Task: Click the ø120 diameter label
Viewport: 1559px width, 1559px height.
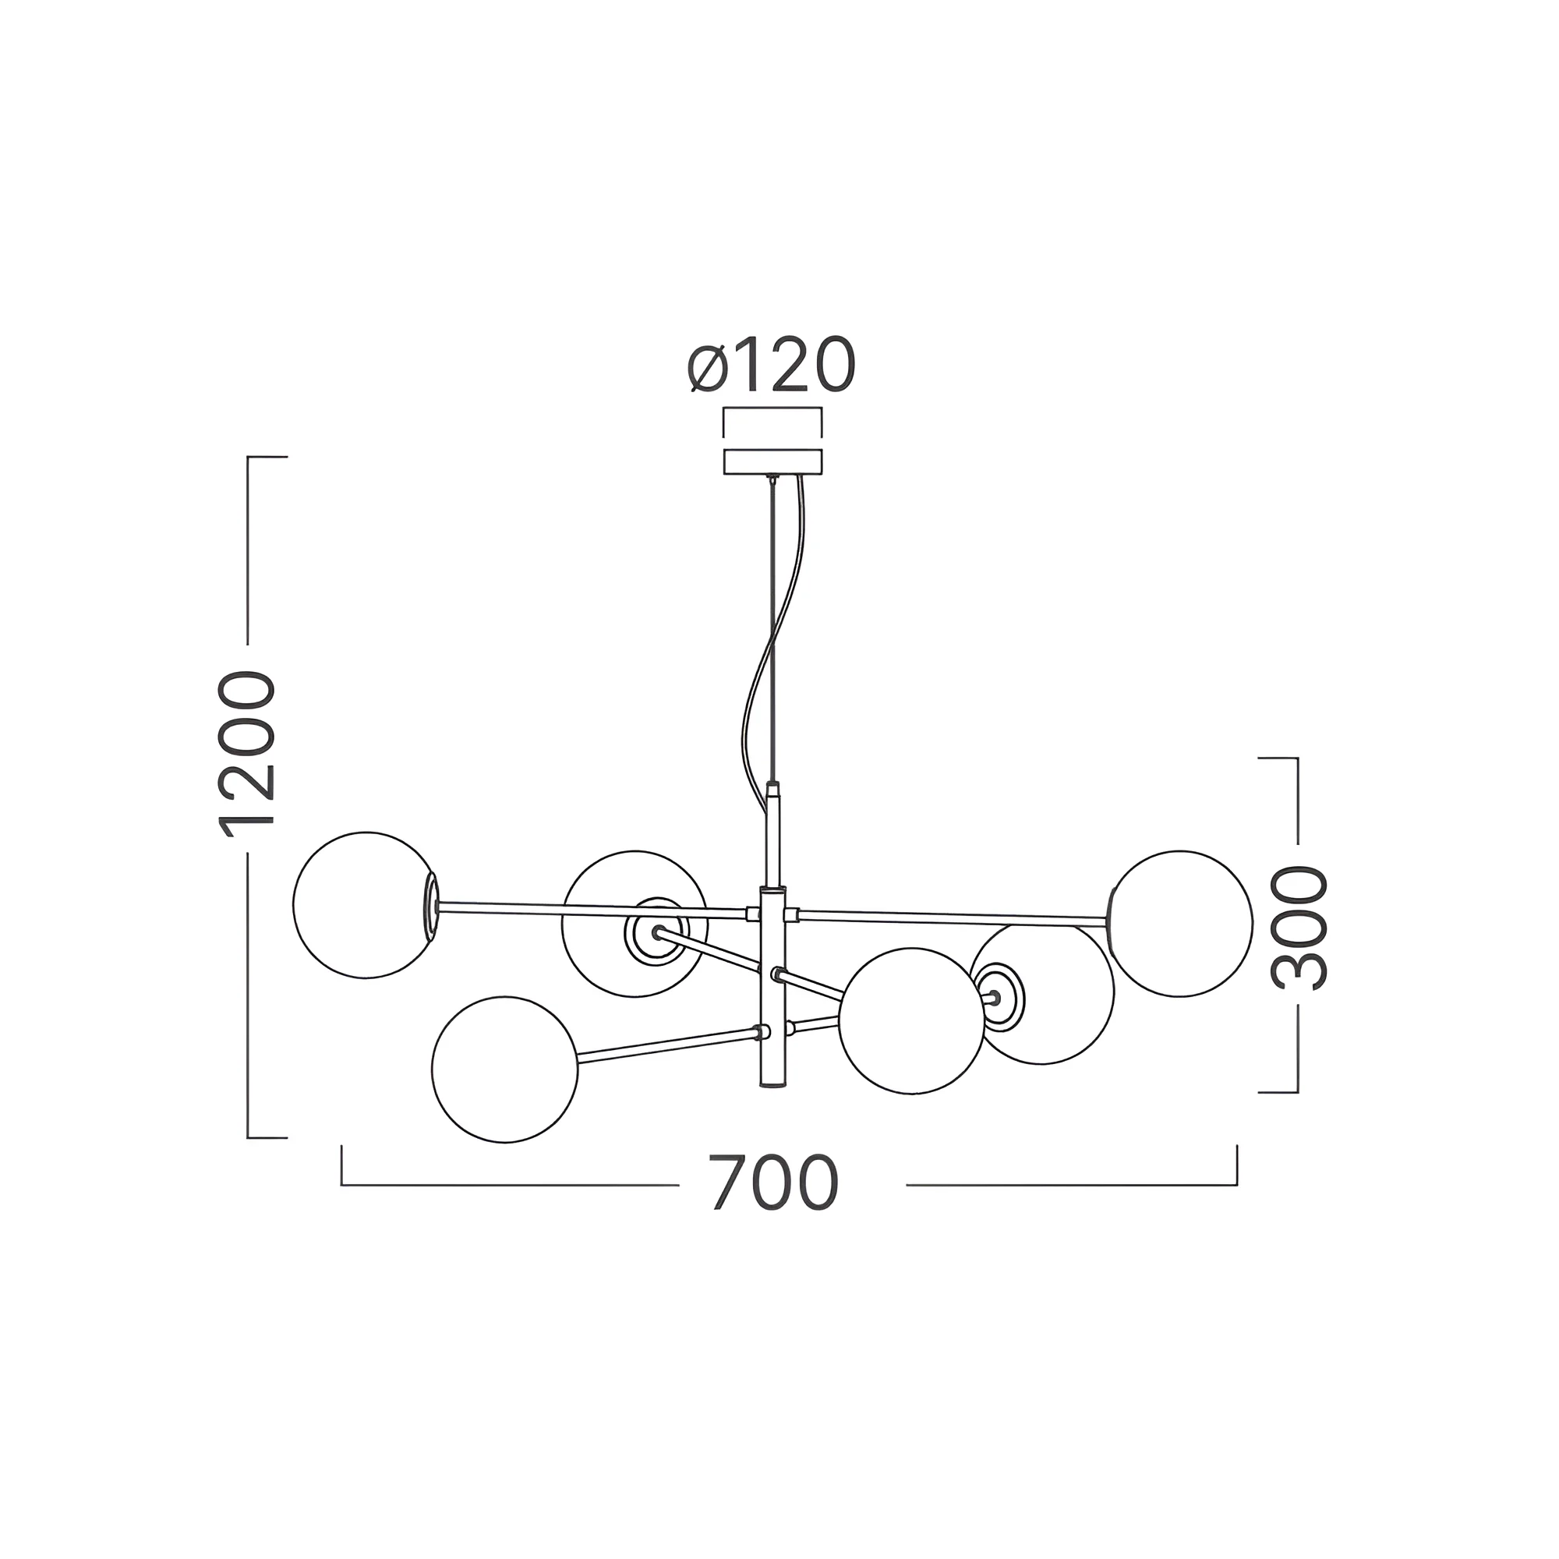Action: tap(771, 366)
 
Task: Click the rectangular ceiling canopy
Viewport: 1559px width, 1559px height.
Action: tap(773, 461)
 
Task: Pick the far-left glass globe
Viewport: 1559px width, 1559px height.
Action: tap(365, 905)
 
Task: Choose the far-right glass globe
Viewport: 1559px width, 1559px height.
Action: tap(1180, 924)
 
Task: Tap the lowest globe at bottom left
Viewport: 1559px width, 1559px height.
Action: tap(504, 1069)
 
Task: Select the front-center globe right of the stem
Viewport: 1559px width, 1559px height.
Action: tap(911, 1021)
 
